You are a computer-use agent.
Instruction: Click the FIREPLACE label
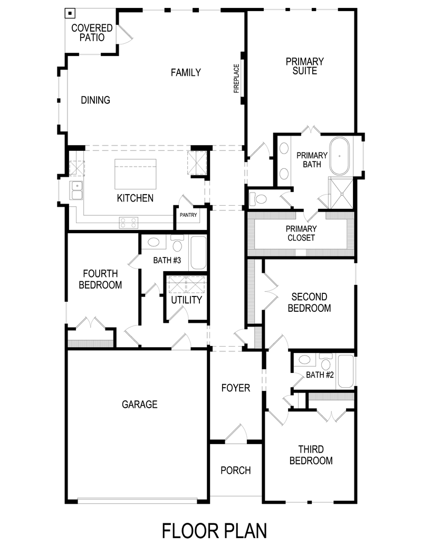[237, 78]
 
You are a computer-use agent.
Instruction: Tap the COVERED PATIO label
[92, 33]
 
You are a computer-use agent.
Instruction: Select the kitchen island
[136, 173]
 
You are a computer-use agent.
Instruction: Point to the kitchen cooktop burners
[129, 223]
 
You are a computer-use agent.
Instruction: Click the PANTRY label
[188, 215]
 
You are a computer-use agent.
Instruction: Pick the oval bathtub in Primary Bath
[341, 156]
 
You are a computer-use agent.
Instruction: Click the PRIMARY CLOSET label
[301, 233]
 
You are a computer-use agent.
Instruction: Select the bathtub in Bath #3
[198, 253]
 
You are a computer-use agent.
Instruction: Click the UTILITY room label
[186, 300]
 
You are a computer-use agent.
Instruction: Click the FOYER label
[235, 388]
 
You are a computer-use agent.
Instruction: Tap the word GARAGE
[140, 405]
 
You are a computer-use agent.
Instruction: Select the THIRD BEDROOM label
[315, 455]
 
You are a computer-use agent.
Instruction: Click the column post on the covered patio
[70, 13]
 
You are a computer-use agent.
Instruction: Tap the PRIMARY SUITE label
[305, 66]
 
